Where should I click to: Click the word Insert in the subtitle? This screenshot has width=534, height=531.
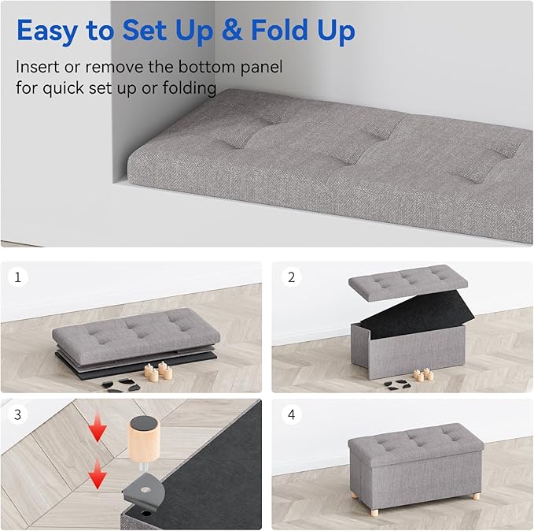[x=39, y=67]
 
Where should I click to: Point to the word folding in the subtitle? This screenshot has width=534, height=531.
[x=188, y=88]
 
